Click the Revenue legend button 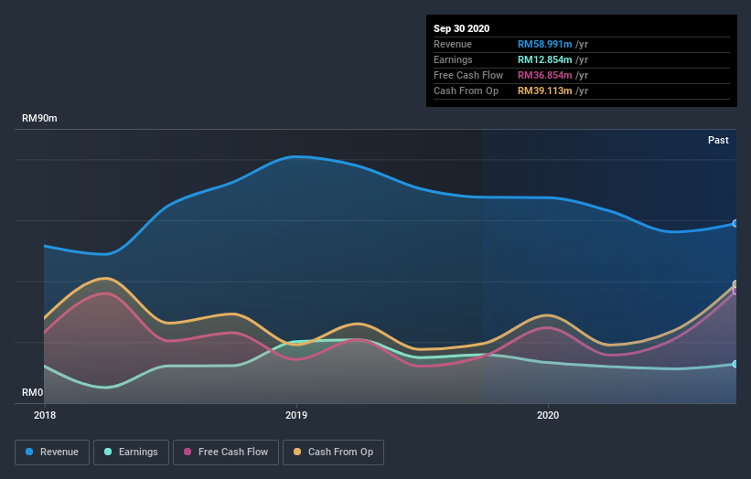[x=53, y=452]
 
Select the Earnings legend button [x=131, y=452]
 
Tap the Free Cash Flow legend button [x=225, y=452]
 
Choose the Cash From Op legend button [x=334, y=452]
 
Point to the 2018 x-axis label [x=44, y=415]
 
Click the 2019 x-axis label [x=295, y=415]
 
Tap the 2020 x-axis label [x=547, y=415]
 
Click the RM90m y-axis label [x=41, y=119]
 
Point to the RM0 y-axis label [x=33, y=392]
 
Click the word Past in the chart [x=718, y=140]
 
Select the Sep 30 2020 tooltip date [x=461, y=28]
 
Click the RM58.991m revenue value [x=544, y=44]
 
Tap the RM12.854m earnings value [x=544, y=59]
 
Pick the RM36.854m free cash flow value [x=544, y=75]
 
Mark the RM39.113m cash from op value [x=544, y=90]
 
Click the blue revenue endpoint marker [x=735, y=223]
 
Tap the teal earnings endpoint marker [x=735, y=364]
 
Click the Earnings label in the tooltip [x=454, y=59]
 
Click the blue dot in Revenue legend [x=30, y=452]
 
